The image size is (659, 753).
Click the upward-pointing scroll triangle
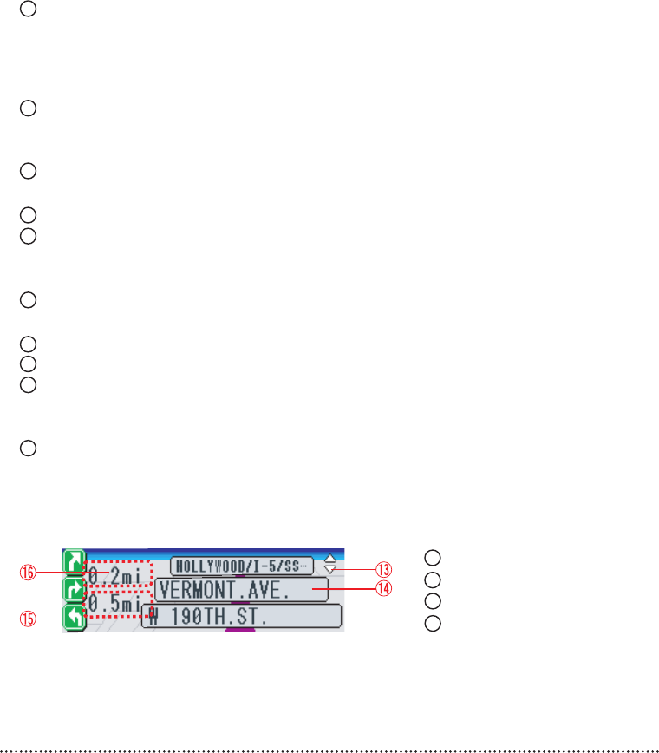[329, 560]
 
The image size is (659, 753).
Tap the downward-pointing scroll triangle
[329, 570]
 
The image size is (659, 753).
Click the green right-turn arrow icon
[75, 590]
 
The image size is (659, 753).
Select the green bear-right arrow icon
[75, 561]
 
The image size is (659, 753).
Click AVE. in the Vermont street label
[273, 590]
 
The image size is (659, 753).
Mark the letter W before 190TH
[153, 617]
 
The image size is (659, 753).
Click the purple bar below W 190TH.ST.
[240, 631]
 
